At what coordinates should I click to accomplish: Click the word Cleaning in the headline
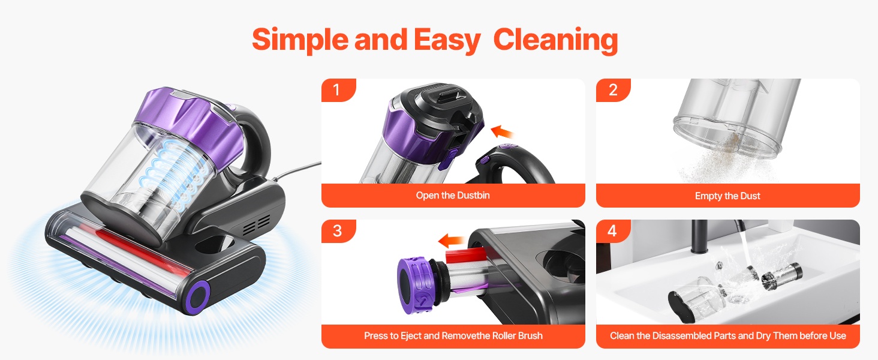click(x=555, y=40)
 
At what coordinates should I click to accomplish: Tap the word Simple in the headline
click(x=300, y=40)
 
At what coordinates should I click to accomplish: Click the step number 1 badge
click(x=338, y=90)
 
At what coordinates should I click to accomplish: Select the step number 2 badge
click(x=613, y=90)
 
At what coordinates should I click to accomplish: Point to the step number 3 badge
click(x=338, y=230)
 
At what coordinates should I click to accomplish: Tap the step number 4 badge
click(x=613, y=230)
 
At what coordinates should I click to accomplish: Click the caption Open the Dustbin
click(x=453, y=195)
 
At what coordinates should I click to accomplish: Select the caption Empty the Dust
click(x=727, y=196)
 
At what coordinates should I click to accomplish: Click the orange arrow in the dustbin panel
click(x=502, y=132)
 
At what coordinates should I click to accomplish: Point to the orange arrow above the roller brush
click(x=451, y=241)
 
